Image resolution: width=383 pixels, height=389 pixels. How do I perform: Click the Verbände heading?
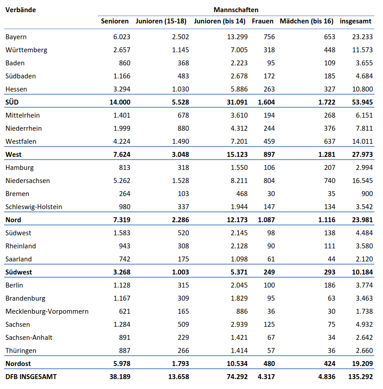tap(21, 9)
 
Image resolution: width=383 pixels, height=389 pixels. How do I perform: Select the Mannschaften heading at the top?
tap(236, 9)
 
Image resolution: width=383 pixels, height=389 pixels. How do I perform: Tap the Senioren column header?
tap(115, 21)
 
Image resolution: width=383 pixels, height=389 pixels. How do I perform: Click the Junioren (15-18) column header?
tap(161, 21)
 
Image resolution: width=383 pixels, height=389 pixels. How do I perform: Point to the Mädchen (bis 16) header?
tap(306, 21)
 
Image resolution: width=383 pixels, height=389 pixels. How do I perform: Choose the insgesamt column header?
tap(356, 21)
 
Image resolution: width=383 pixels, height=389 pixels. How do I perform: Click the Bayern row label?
tap(16, 37)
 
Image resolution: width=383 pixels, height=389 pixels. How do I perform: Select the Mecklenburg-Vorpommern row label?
tap(47, 311)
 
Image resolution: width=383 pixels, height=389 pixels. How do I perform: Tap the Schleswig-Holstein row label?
tap(34, 207)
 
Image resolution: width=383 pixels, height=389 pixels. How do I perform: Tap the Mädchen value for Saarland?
tap(331, 259)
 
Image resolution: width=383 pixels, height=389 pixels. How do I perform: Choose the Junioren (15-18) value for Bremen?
tap(182, 194)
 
